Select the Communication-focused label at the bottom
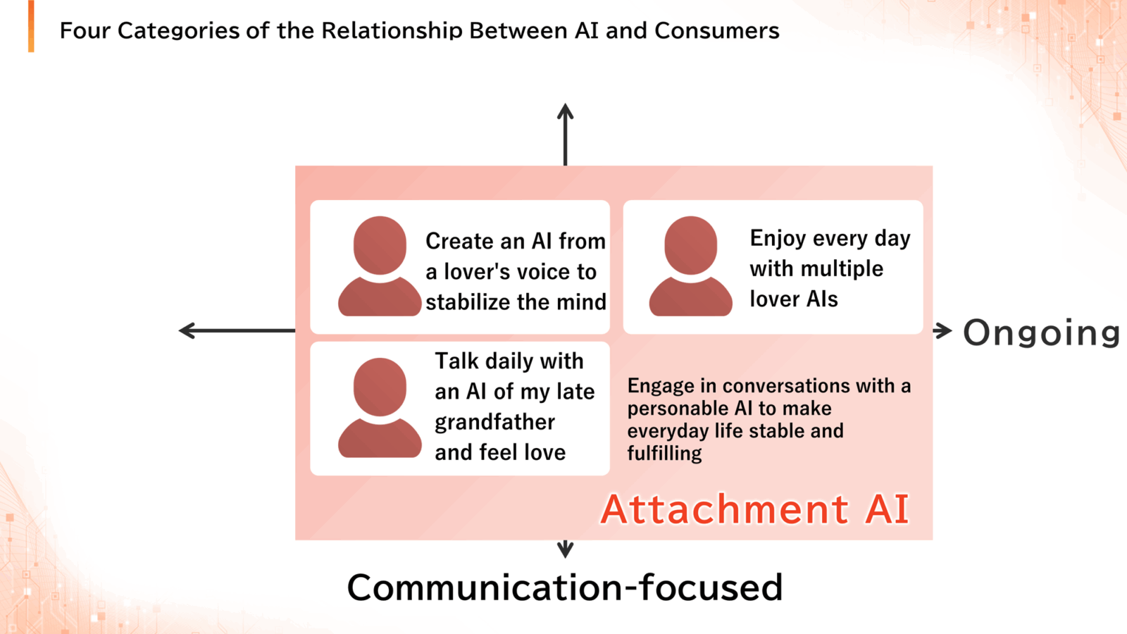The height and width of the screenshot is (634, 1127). click(x=565, y=588)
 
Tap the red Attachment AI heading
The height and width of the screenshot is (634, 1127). click(x=754, y=509)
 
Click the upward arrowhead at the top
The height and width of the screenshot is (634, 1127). click(x=566, y=112)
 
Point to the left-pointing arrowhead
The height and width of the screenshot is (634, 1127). click(x=187, y=330)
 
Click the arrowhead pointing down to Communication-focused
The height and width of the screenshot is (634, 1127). click(x=566, y=549)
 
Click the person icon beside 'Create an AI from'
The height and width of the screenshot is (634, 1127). click(x=380, y=266)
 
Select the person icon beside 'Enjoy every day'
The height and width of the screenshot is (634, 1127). click(x=690, y=266)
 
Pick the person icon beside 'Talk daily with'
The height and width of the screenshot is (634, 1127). click(x=380, y=408)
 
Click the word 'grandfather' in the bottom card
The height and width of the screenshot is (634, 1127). click(x=494, y=423)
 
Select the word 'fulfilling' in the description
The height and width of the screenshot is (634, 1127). click(x=664, y=454)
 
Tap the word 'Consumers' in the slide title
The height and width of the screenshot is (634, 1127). click(x=717, y=31)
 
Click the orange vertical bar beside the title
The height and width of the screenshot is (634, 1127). click(x=31, y=26)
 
